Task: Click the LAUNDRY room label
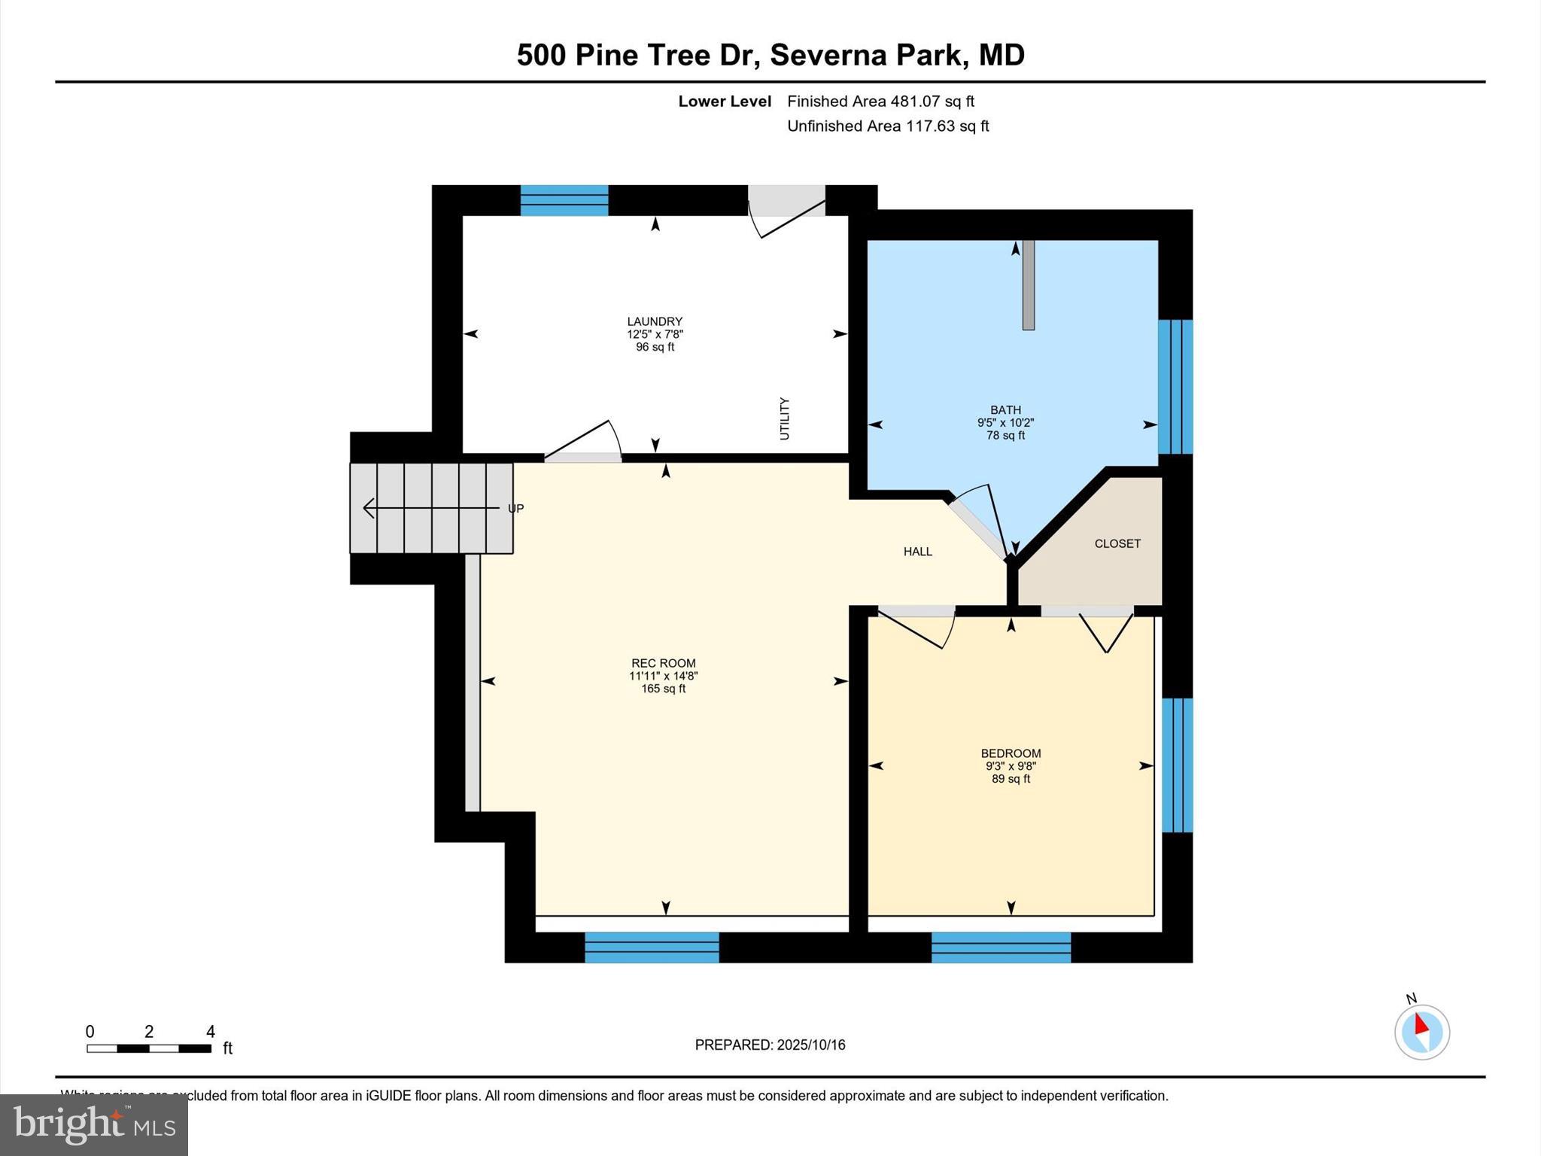point(655,322)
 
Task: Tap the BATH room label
point(1005,410)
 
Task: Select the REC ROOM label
point(663,664)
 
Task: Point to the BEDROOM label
point(1011,753)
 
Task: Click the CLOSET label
point(1117,543)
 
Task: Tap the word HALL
point(917,552)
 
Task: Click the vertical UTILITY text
point(784,419)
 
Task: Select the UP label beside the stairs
point(515,509)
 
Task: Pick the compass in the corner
point(1421,1032)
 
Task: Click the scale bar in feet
point(149,1048)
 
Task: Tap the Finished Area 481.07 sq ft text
point(880,101)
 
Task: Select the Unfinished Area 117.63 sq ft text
point(888,126)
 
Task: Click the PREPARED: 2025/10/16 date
point(770,1045)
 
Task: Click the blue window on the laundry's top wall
point(564,200)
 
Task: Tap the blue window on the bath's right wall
point(1175,387)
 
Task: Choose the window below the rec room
point(652,948)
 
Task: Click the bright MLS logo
point(94,1124)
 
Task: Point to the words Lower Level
point(725,101)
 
